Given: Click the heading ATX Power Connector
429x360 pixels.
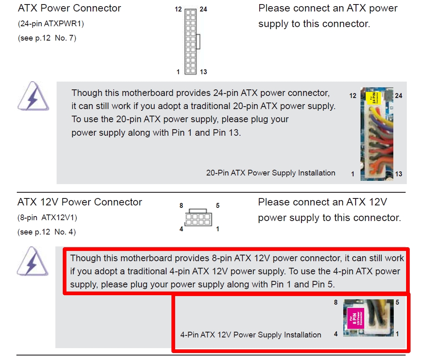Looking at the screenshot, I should [x=69, y=8].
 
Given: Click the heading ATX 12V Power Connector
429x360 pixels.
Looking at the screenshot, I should [x=80, y=202].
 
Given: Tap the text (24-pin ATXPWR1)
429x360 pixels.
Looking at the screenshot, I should [x=51, y=24].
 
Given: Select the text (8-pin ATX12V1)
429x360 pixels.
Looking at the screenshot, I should [x=47, y=217].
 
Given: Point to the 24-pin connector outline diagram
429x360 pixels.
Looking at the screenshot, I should [x=191, y=41].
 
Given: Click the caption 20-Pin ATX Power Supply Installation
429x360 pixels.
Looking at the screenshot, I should [x=271, y=173].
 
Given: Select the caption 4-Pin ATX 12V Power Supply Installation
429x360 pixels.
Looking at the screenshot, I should [x=251, y=335].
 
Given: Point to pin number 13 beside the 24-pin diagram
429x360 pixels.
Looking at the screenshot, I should [x=203, y=72].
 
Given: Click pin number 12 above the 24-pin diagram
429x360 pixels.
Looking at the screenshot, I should [x=178, y=9].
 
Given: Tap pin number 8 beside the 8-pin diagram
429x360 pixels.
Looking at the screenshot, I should [x=181, y=206].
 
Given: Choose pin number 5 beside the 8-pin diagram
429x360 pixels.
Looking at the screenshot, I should [x=217, y=206].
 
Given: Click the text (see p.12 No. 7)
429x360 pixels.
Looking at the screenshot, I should [x=47, y=38].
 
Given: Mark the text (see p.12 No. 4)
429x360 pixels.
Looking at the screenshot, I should [x=46, y=232].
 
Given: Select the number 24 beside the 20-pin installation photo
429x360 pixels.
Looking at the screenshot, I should [x=398, y=96].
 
